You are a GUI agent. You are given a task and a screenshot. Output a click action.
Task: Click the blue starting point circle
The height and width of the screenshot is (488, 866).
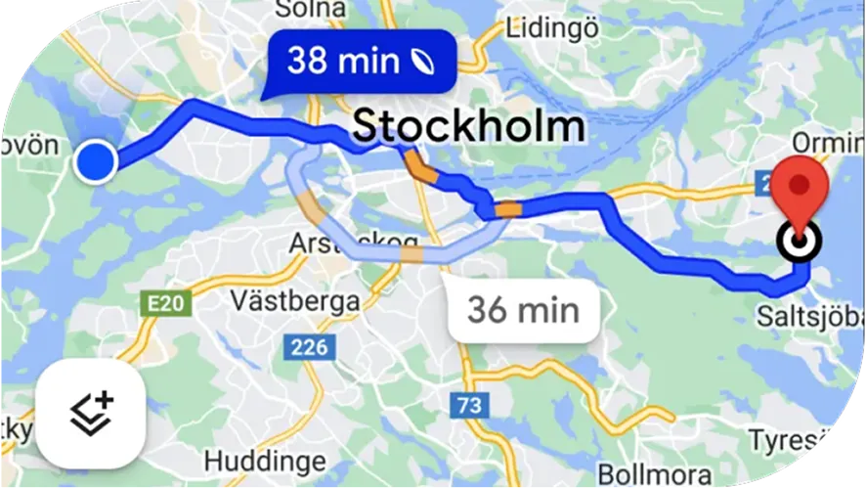tap(96, 160)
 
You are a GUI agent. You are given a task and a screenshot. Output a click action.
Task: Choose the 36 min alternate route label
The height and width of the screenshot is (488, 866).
tap(522, 310)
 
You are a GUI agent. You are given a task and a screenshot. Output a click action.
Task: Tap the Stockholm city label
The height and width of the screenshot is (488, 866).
tap(468, 126)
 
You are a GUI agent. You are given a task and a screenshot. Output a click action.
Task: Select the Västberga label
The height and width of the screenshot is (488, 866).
tap(296, 300)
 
